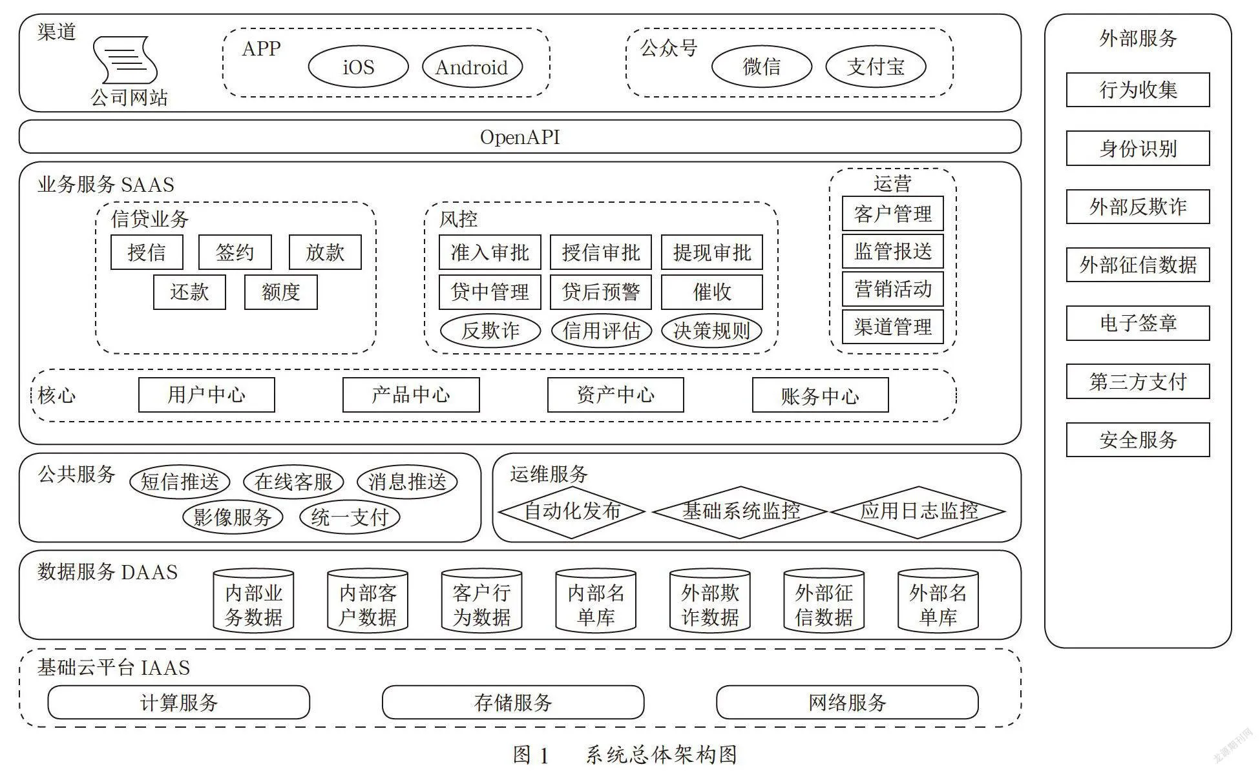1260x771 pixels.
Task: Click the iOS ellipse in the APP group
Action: (358, 67)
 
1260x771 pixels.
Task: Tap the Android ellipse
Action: (472, 67)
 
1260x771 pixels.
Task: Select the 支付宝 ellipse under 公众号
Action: (876, 67)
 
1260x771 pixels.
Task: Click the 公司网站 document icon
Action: (125, 60)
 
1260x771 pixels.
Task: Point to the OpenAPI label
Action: (520, 137)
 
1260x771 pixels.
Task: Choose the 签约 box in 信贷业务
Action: (235, 252)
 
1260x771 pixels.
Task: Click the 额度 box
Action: (280, 292)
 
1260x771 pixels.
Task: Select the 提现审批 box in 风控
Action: (711, 252)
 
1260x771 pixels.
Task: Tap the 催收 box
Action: (711, 292)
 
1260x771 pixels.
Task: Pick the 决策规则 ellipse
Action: (711, 331)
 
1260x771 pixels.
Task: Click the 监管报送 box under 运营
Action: (892, 251)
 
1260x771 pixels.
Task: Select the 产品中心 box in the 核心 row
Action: (411, 395)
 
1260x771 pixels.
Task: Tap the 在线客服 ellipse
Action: (293, 481)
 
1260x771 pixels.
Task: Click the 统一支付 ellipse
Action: (350, 517)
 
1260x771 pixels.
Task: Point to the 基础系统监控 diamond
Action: (740, 511)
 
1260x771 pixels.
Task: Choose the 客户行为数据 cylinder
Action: (481, 601)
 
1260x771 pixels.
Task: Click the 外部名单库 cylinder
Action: (938, 601)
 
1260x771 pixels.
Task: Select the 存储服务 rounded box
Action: (513, 702)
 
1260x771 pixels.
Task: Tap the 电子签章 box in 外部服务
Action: (1138, 323)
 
